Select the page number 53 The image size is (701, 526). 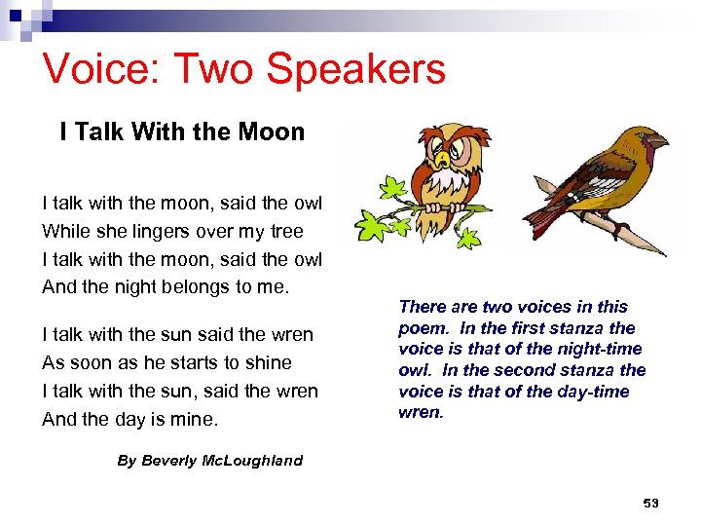click(650, 503)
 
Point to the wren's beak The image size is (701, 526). click(658, 141)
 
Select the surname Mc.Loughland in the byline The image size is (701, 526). click(257, 461)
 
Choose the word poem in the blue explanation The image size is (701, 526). click(422, 328)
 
